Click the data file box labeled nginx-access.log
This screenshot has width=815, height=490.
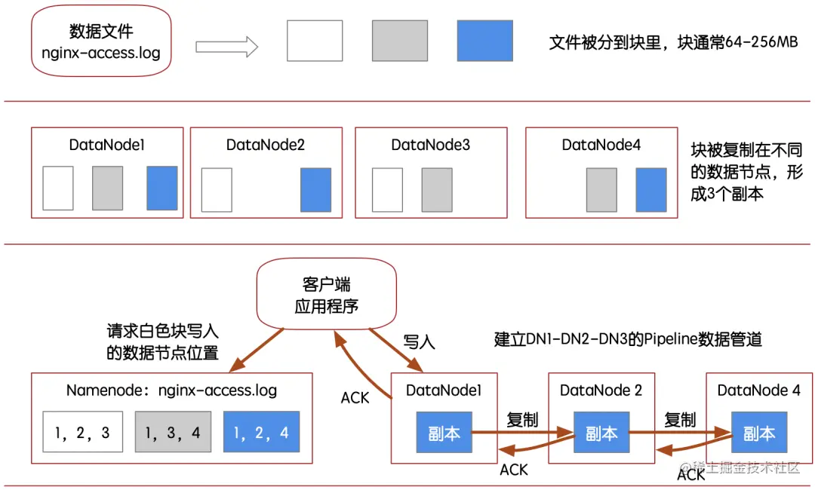(101, 41)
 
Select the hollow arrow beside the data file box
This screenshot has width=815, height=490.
(226, 47)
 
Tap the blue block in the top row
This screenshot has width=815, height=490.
(484, 41)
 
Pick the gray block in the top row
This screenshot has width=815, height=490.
(400, 41)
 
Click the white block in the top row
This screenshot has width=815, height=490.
(315, 41)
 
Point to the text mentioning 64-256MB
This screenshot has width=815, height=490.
(673, 42)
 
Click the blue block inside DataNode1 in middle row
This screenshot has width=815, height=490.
(162, 188)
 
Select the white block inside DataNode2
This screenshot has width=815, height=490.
(217, 189)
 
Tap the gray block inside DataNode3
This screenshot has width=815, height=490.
(437, 189)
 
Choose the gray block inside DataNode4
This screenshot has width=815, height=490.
(601, 189)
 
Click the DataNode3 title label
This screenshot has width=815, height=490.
(430, 145)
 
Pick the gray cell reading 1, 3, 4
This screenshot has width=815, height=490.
(172, 432)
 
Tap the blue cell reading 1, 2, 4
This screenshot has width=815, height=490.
(261, 432)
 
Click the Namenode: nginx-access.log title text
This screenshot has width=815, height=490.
(171, 390)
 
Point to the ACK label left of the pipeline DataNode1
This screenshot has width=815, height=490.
(355, 397)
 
